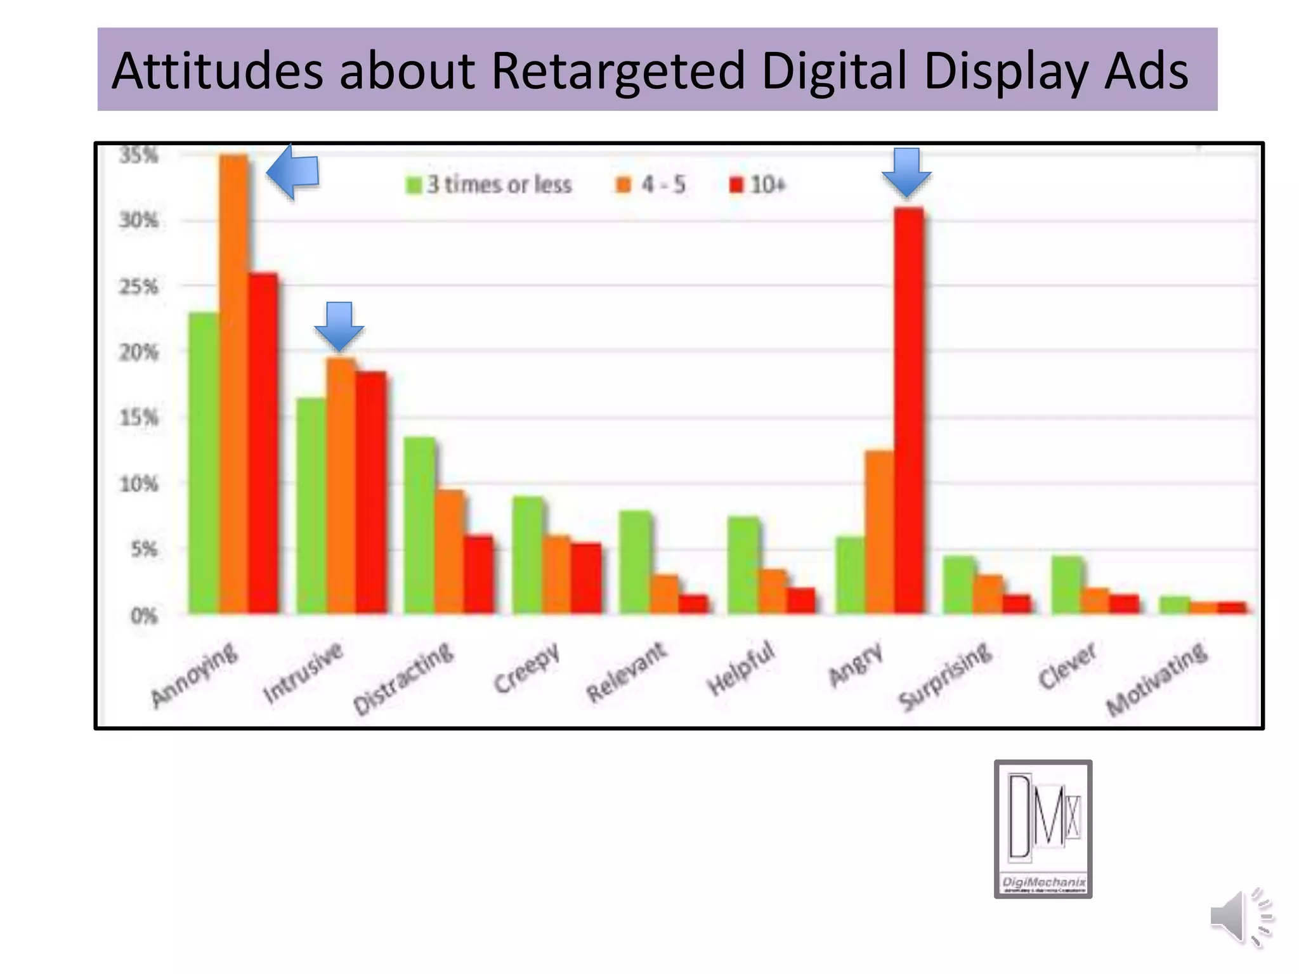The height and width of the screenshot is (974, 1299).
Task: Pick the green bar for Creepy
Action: [x=528, y=555]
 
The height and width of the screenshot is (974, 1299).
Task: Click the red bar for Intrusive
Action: [x=371, y=492]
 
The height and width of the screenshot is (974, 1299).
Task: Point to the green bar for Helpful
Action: [x=743, y=565]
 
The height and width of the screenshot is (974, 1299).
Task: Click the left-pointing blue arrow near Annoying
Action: [x=292, y=172]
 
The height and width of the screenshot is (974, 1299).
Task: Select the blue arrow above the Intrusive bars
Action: [x=339, y=326]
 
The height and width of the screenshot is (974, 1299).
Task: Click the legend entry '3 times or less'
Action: [x=489, y=185]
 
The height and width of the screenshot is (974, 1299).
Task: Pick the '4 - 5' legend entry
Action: [x=651, y=185]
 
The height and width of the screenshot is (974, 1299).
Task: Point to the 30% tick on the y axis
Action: [x=139, y=220]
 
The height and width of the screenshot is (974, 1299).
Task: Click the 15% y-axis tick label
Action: [x=139, y=418]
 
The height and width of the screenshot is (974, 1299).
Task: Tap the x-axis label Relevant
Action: [x=627, y=672]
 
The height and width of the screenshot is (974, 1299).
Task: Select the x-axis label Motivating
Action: [x=1157, y=679]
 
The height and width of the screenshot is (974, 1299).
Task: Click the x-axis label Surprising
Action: [x=945, y=676]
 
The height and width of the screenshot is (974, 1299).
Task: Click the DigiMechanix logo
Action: [x=1043, y=828]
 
